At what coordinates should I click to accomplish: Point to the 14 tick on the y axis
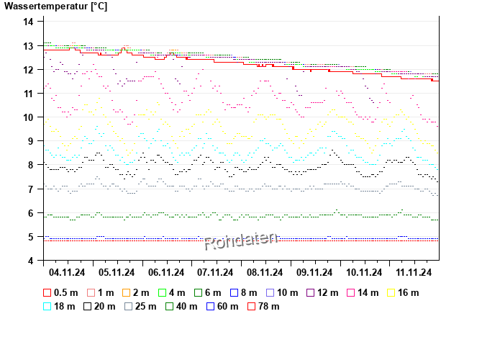pyautogui.click(x=29, y=22)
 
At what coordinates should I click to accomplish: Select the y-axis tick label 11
pyautogui.click(x=29, y=94)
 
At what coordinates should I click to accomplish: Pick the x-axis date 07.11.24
pyautogui.click(x=215, y=272)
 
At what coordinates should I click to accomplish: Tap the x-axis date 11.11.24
pyautogui.click(x=413, y=272)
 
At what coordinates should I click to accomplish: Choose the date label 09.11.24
pyautogui.click(x=314, y=272)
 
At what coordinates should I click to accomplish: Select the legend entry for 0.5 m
pyautogui.click(x=61, y=292)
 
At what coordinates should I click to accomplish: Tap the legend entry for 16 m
pyautogui.click(x=403, y=292)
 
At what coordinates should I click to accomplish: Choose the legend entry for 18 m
pyautogui.click(x=61, y=306)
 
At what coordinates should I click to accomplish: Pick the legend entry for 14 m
pyautogui.click(x=363, y=292)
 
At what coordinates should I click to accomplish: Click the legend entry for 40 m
pyautogui.click(x=181, y=306)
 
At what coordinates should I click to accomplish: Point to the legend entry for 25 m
pyautogui.click(x=140, y=306)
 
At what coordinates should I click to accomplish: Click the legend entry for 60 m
pyautogui.click(x=221, y=306)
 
